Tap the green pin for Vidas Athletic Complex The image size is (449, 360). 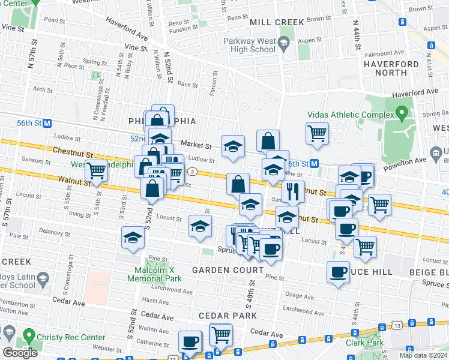coord(402,113)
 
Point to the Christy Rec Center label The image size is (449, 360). coord(59,337)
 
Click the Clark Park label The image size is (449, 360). coord(364,343)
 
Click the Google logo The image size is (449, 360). coord(20,353)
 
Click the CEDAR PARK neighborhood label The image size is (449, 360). coord(229,316)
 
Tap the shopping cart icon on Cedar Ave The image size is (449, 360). coord(221,334)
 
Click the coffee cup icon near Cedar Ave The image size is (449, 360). coord(191,341)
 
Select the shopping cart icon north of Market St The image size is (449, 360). coord(317,133)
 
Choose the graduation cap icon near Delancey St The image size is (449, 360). coord(133,238)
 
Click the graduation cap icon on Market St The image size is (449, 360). coord(233,146)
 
